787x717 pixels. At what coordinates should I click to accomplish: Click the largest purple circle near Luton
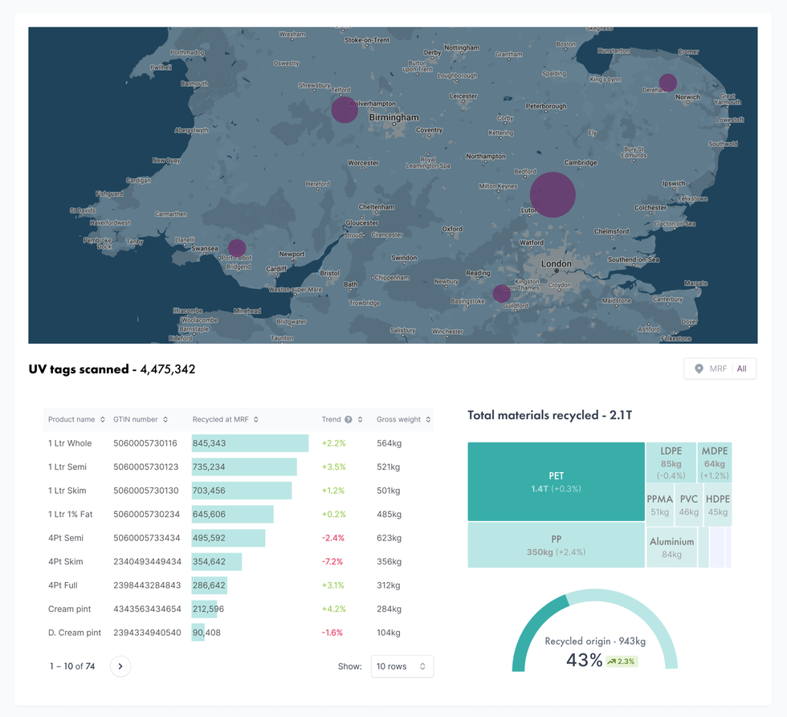click(x=553, y=195)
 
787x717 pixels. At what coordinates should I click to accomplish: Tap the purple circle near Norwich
click(x=667, y=82)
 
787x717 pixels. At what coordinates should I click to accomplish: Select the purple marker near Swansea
click(x=236, y=248)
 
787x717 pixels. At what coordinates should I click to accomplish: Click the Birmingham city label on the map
click(x=393, y=117)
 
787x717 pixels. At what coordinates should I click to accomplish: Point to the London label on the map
click(x=556, y=263)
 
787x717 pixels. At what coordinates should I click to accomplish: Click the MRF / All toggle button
click(x=720, y=369)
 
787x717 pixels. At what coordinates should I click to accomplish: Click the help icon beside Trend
click(x=349, y=419)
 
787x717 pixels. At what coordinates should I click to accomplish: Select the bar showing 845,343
click(x=250, y=443)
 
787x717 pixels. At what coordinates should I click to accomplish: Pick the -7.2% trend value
click(x=332, y=561)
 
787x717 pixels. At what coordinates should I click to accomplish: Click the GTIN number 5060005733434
click(x=146, y=538)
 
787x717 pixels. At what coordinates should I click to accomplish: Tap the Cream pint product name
click(x=70, y=609)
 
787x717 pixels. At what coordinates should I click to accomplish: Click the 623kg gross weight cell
click(x=389, y=538)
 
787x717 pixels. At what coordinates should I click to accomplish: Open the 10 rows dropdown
click(x=402, y=666)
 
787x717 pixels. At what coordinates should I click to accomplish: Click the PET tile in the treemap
click(x=556, y=482)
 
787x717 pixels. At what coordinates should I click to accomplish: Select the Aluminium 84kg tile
click(x=671, y=548)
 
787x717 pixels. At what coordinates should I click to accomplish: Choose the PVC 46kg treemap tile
click(x=688, y=505)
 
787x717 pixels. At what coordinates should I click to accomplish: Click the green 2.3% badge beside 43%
click(x=622, y=662)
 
